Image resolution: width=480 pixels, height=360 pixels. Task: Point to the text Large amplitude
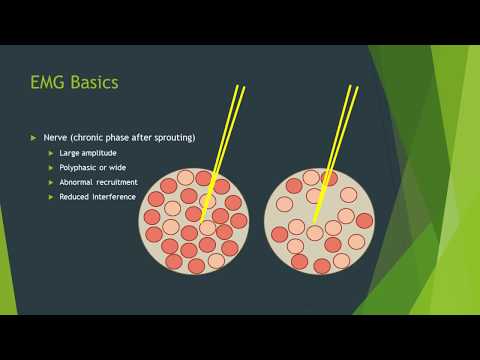coord(88,152)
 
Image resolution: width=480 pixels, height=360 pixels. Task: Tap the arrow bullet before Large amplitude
coord(52,152)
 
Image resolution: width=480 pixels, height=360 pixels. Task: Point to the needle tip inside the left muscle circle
coord(203,222)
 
